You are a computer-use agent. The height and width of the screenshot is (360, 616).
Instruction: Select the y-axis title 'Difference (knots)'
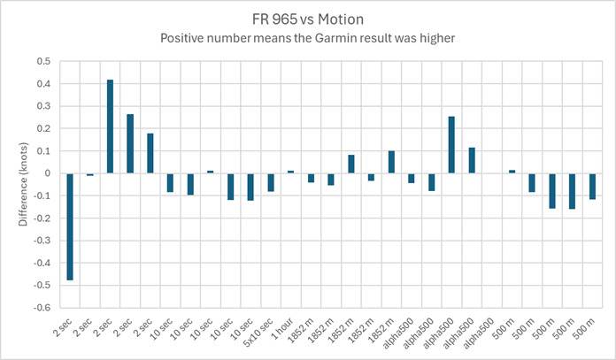click(23, 185)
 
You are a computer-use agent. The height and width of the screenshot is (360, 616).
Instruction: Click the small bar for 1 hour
click(290, 172)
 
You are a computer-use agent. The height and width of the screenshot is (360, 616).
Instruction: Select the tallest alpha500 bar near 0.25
click(451, 145)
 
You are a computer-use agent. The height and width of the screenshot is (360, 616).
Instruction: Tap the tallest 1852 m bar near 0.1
click(391, 162)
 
